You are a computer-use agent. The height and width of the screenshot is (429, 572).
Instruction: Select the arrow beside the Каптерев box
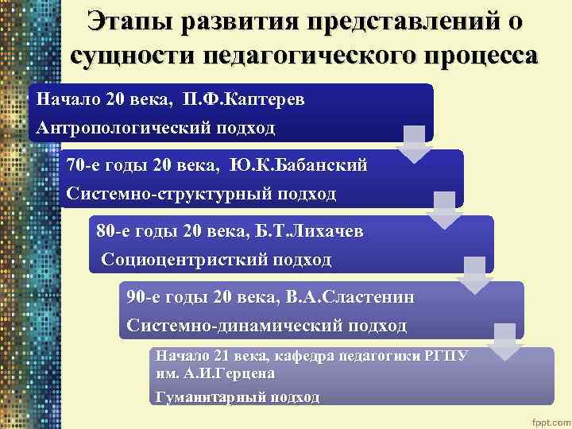[x=415, y=144]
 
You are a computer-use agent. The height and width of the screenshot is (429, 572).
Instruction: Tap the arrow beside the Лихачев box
[x=473, y=276]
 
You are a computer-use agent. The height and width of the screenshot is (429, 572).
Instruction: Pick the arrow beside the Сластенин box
[x=504, y=342]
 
